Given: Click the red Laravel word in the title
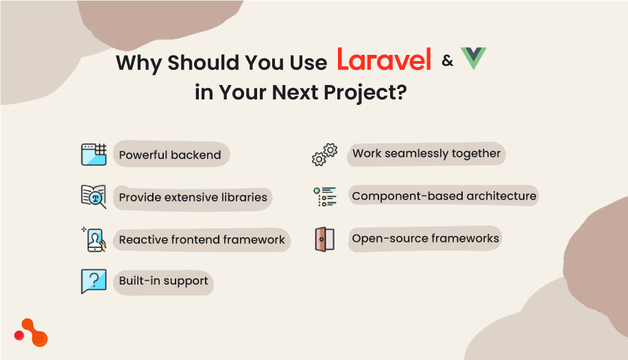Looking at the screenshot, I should [383, 60].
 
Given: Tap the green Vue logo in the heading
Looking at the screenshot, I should [473, 59].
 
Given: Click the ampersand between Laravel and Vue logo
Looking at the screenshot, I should [448, 61].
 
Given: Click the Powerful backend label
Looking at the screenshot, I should [170, 155].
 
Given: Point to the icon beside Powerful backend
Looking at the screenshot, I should [93, 154].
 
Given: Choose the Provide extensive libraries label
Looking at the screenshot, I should [193, 197].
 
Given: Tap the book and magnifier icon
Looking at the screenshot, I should [93, 197].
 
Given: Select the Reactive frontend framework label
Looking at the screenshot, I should [202, 240].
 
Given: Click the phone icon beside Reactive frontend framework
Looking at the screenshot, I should [94, 239].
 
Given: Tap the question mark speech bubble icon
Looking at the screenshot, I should [93, 281].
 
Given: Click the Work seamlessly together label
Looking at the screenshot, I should [426, 154].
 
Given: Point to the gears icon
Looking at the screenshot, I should [324, 154].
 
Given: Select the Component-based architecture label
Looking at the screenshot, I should [444, 196].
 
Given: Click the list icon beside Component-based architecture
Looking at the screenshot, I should [325, 197].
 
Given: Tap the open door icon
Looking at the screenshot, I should [325, 239].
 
